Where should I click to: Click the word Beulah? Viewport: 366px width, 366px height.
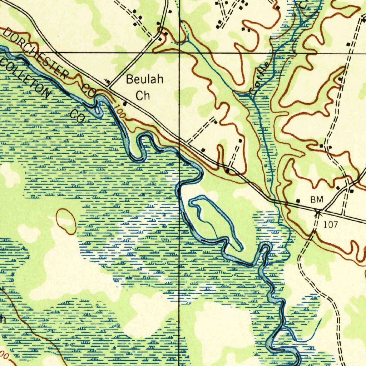pyautogui.click(x=144, y=79)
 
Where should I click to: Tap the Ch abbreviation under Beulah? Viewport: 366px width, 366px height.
pyautogui.click(x=143, y=96)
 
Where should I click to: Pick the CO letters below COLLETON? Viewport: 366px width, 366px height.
pyautogui.click(x=76, y=116)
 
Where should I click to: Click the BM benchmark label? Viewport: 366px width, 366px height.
pyautogui.click(x=316, y=200)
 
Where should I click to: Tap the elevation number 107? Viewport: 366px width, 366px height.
pyautogui.click(x=330, y=224)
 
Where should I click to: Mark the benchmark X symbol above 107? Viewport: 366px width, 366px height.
pyautogui.click(x=318, y=213)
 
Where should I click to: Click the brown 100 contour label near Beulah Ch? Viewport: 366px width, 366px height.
pyautogui.click(x=120, y=111)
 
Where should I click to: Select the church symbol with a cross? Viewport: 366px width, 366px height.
pyautogui.click(x=107, y=82)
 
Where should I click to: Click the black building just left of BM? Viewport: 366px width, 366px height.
pyautogui.click(x=298, y=201)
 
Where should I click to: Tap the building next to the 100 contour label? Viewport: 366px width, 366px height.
pyautogui.click(x=125, y=104)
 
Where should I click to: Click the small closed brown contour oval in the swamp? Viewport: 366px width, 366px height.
pyautogui.click(x=66, y=222)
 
